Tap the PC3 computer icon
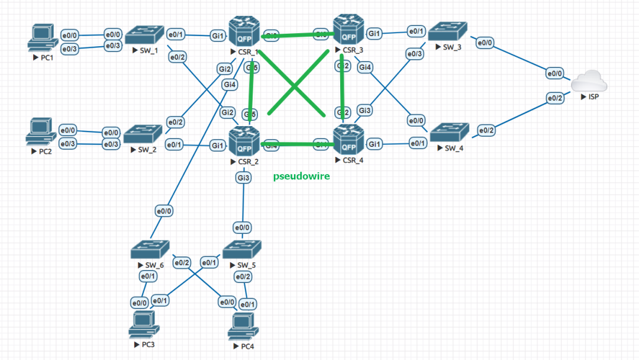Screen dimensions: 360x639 click(x=143, y=324)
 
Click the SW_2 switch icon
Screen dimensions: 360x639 click(x=143, y=133)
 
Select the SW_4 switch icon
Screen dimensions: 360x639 click(x=450, y=133)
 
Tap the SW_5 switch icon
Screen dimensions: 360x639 click(x=241, y=249)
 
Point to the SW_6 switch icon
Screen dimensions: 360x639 click(x=150, y=249)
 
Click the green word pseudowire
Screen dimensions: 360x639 click(x=302, y=176)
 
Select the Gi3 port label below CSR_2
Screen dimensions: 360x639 click(x=243, y=177)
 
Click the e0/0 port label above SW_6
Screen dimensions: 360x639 click(x=164, y=211)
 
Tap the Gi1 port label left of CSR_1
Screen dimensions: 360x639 click(x=217, y=36)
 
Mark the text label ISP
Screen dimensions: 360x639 click(x=593, y=97)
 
